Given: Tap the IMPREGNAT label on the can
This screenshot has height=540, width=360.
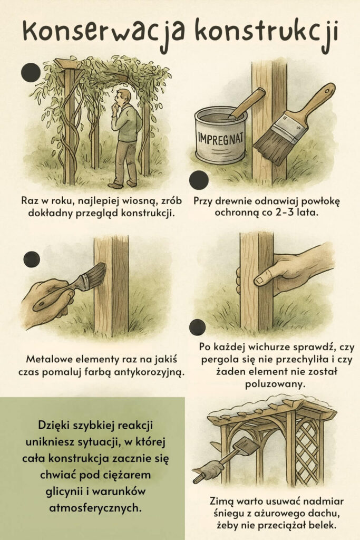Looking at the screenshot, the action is click(x=220, y=139).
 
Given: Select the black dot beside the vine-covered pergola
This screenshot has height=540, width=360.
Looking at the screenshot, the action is click(x=31, y=72).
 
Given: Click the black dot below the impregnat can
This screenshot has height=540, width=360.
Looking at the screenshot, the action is click(x=199, y=180).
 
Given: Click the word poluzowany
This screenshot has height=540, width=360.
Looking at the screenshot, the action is click(x=275, y=384).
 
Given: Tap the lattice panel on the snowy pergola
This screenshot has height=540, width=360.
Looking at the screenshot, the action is click(x=307, y=452).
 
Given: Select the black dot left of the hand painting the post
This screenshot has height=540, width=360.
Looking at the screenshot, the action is click(x=32, y=259).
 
